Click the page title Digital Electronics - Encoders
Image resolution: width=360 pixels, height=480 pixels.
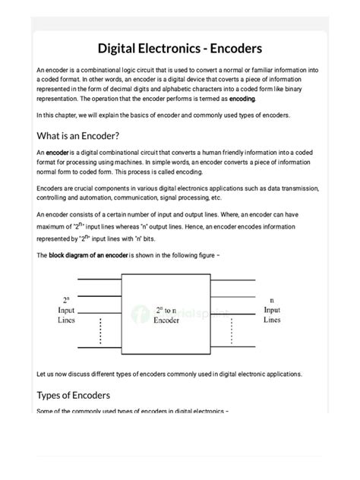180,48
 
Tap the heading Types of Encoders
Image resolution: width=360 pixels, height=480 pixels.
74,395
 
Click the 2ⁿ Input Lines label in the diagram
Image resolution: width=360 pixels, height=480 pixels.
65,311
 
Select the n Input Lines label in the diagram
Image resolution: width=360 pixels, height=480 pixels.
271,310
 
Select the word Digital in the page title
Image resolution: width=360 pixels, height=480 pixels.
125,48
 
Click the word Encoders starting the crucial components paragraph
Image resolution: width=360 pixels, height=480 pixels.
52,188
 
